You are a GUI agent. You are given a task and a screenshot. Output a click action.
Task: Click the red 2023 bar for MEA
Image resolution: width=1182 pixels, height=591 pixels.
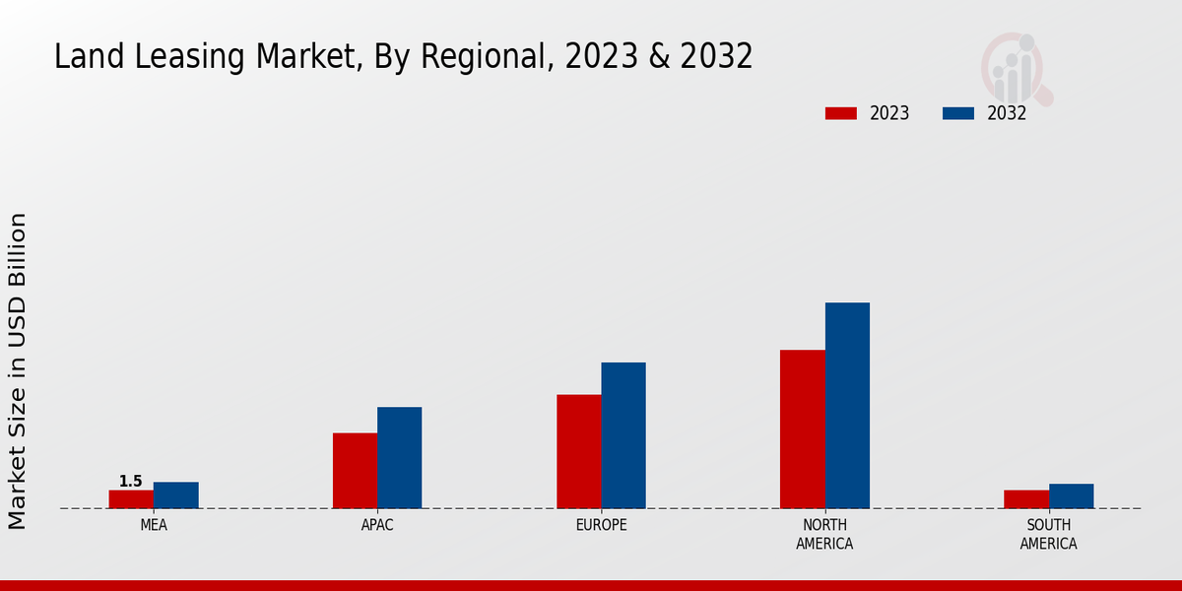pos(131,499)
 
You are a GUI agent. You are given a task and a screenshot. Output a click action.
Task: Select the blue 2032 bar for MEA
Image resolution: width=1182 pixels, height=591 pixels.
pos(176,495)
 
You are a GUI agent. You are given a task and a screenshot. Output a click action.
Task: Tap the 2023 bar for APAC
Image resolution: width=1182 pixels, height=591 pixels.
pos(355,471)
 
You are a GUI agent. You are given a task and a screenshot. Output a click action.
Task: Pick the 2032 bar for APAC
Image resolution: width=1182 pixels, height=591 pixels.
pos(400,458)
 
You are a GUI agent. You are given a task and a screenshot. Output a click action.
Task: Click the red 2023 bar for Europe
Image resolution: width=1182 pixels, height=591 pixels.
pos(579,452)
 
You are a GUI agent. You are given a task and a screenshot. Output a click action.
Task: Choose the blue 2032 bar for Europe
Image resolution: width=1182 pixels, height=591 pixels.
pos(624,435)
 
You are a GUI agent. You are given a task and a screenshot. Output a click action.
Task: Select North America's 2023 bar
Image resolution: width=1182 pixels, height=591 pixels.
pos(803,429)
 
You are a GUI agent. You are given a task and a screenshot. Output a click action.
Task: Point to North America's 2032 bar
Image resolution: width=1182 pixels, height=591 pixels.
pos(847,406)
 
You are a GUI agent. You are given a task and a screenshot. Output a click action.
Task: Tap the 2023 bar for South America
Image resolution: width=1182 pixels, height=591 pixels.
pos(1026,499)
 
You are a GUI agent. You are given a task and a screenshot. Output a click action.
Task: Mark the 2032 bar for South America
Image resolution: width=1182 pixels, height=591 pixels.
pos(1072,496)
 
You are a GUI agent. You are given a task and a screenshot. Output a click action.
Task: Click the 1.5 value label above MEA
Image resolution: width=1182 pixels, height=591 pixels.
pos(131,482)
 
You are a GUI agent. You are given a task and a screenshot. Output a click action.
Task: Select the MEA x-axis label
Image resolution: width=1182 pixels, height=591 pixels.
pos(154,526)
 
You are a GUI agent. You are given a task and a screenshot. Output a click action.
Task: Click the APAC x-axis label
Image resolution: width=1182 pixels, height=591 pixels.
pos(377,526)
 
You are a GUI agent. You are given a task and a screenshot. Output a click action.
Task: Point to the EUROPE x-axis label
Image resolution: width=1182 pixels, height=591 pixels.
pos(601,526)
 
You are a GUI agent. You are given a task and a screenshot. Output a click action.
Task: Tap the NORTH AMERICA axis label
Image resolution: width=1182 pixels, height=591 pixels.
pos(825,535)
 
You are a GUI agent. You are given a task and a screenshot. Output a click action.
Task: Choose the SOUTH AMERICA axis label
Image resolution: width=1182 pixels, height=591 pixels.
pos(1049,535)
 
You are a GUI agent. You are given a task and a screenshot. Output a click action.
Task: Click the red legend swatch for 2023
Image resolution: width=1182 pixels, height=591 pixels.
pos(841,113)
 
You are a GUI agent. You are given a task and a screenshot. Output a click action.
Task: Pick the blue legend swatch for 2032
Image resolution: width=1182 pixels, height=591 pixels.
pos(958,113)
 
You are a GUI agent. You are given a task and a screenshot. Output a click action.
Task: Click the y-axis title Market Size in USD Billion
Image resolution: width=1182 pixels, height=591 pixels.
pos(18,370)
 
